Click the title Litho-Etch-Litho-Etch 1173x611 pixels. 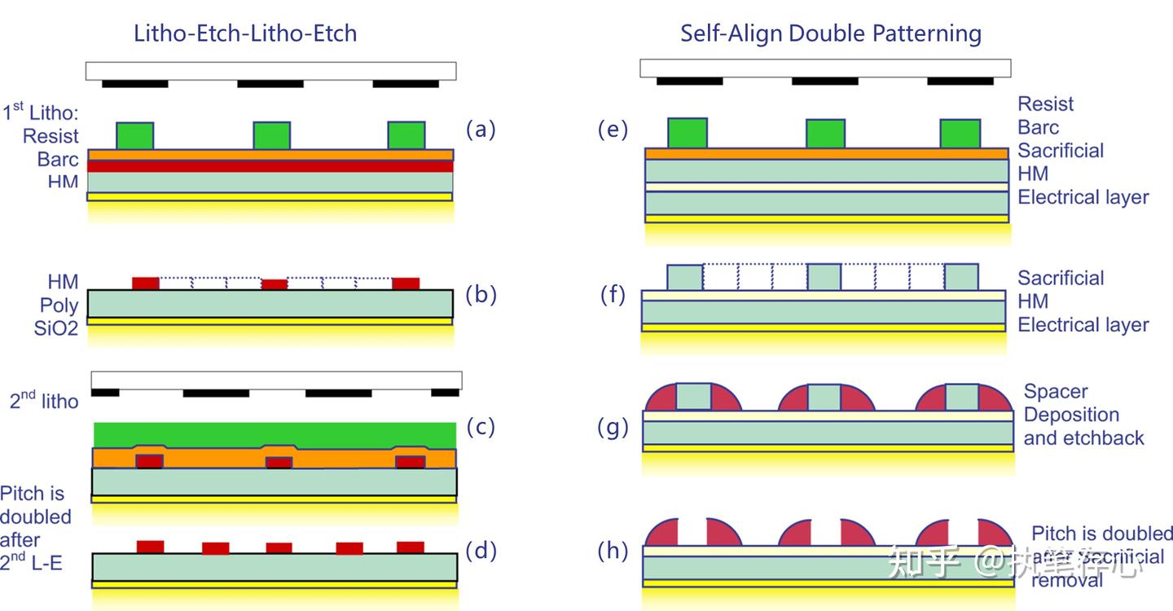click(x=245, y=33)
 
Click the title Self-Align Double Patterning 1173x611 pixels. click(x=831, y=33)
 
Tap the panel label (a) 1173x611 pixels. click(x=481, y=129)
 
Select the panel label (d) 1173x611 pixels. click(x=481, y=552)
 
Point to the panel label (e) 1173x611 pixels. click(x=613, y=129)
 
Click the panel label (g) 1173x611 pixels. click(x=613, y=427)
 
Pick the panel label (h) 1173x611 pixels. click(x=613, y=552)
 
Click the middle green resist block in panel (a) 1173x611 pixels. click(x=272, y=135)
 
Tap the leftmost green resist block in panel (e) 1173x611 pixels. click(x=687, y=133)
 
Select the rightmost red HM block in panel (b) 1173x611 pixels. click(x=406, y=284)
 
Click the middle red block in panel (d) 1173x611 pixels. click(x=279, y=547)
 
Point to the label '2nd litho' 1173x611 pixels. click(x=44, y=399)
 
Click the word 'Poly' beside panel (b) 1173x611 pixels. click(x=59, y=305)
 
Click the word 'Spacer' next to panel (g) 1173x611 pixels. click(x=1056, y=392)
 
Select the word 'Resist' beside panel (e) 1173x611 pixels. click(x=1046, y=104)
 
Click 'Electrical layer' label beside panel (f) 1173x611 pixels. click(x=1083, y=325)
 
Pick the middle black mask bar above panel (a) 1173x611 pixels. click(x=270, y=84)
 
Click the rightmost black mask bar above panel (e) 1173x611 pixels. click(x=960, y=81)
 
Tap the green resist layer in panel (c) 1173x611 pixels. click(x=275, y=434)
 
